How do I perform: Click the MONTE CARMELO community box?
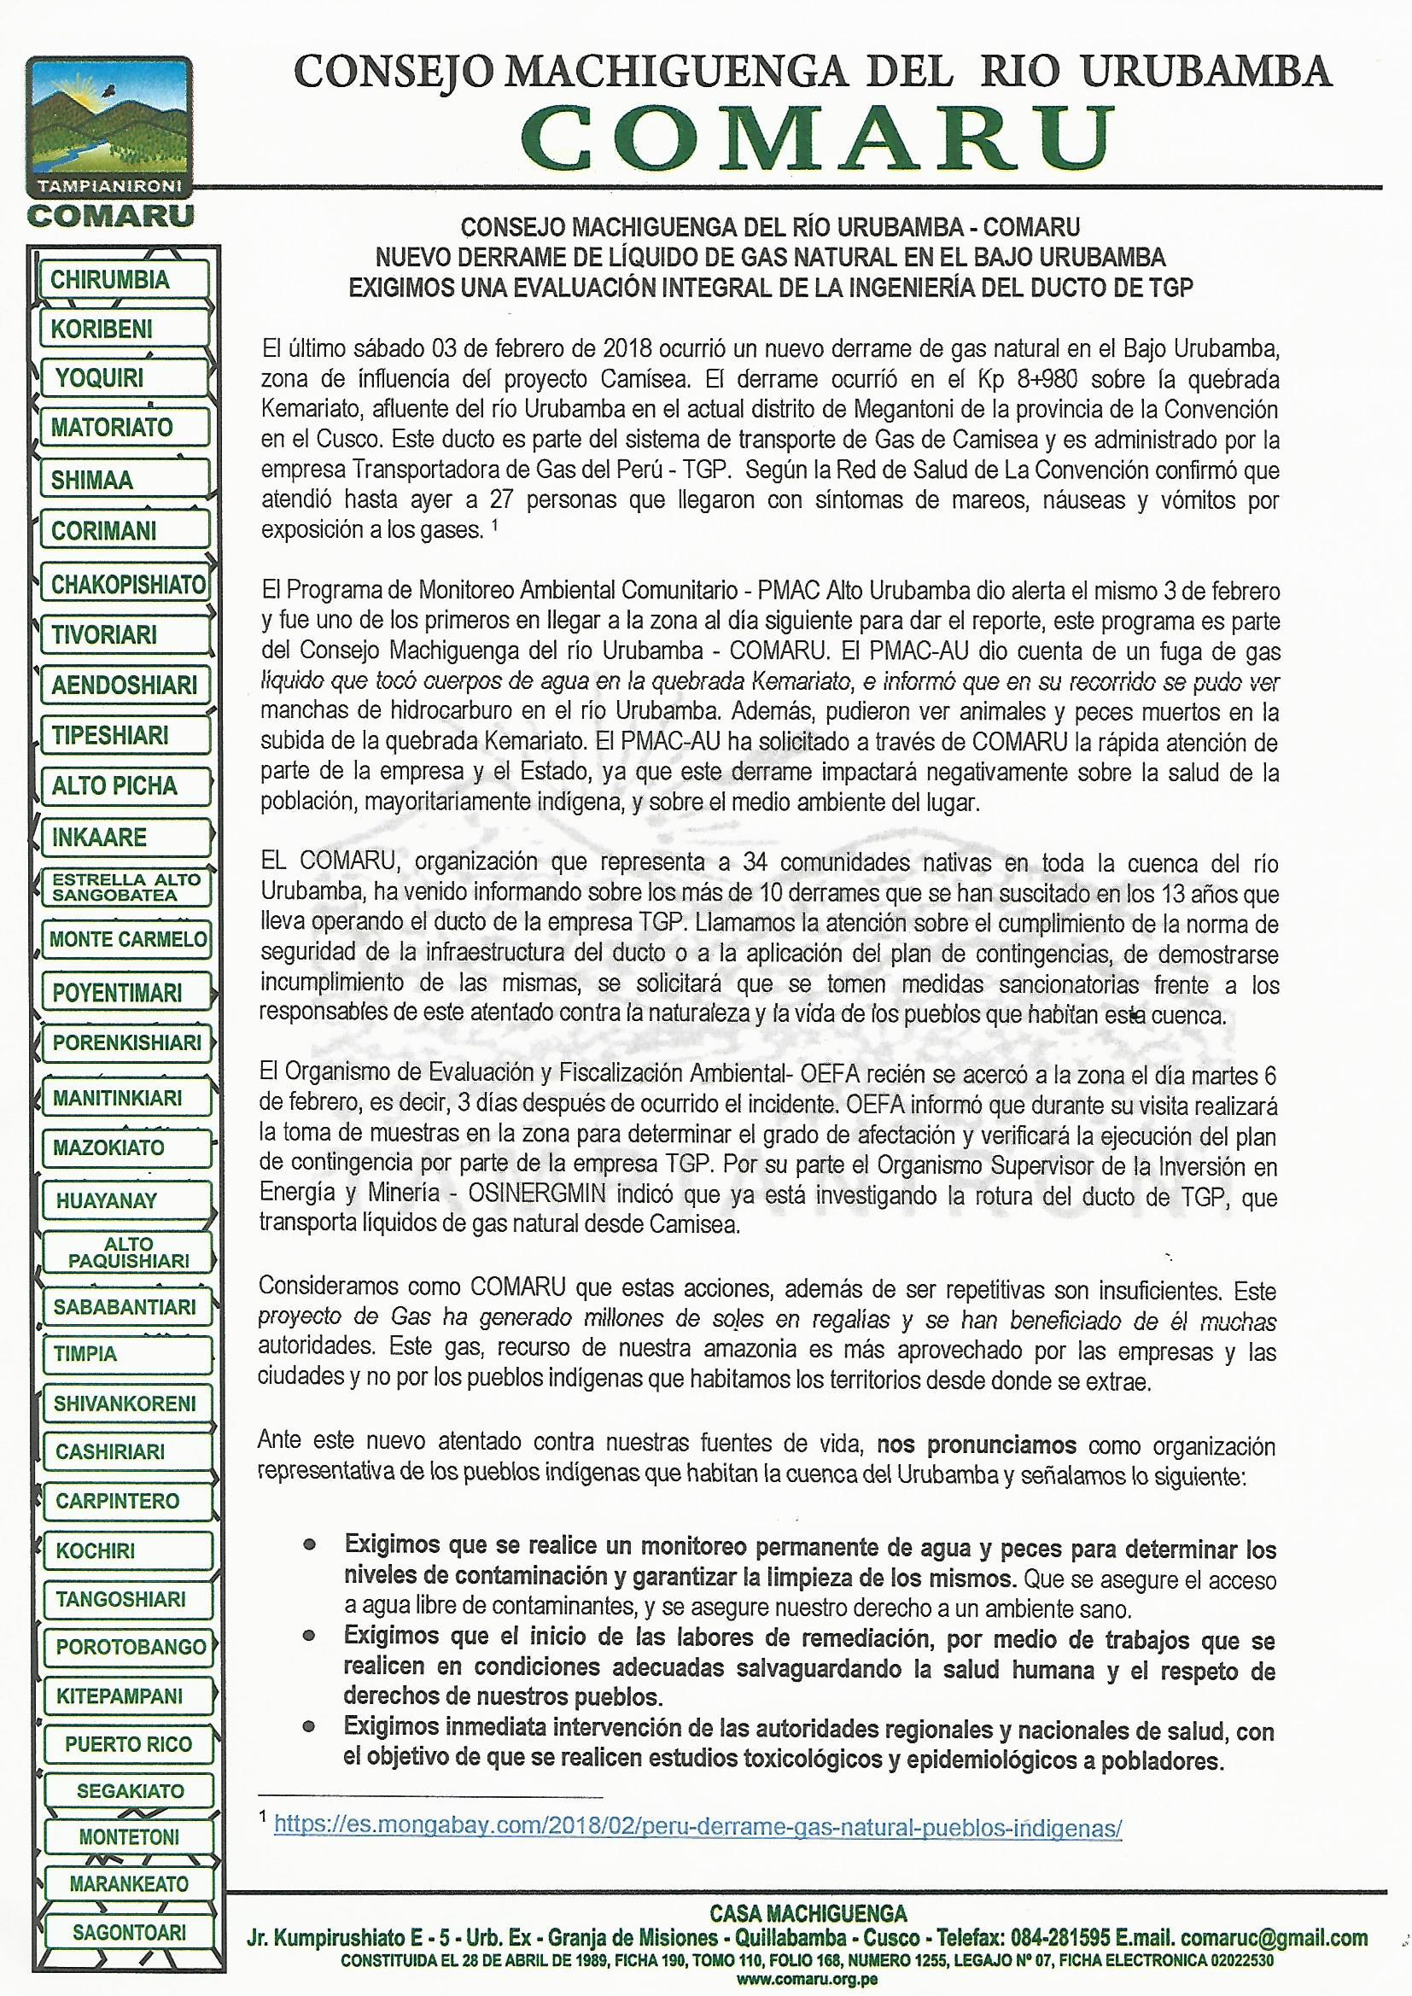pyautogui.click(x=128, y=940)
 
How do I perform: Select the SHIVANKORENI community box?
pyautogui.click(x=125, y=1404)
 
